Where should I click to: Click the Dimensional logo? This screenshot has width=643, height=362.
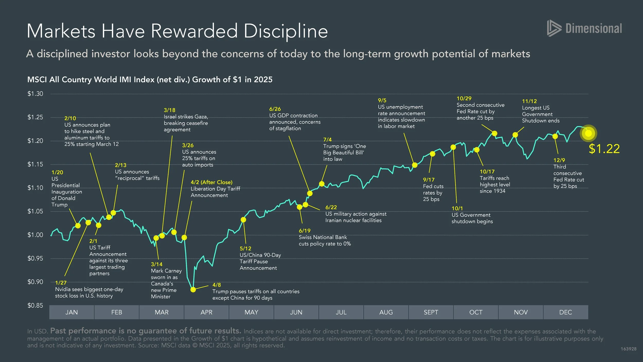(584, 28)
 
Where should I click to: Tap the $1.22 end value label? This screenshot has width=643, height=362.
(604, 149)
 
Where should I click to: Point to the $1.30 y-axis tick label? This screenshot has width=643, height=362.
(35, 94)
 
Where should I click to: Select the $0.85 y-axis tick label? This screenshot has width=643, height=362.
(35, 306)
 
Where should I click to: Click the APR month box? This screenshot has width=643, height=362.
(206, 312)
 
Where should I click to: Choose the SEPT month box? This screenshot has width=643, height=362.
(431, 312)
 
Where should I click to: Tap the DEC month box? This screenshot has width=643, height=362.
(565, 312)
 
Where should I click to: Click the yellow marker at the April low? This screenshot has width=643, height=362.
(193, 290)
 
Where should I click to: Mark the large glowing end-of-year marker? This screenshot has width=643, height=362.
(588, 133)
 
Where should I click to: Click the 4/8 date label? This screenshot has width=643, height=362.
(217, 285)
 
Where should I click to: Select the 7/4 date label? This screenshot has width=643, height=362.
(327, 140)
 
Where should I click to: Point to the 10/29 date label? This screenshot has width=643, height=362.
(464, 99)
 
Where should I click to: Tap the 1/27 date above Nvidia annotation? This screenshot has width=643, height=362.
(61, 283)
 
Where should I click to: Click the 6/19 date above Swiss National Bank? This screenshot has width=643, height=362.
(305, 231)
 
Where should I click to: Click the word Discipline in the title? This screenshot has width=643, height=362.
(285, 31)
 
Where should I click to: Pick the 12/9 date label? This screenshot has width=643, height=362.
(559, 160)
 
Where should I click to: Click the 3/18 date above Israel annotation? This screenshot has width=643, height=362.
(169, 110)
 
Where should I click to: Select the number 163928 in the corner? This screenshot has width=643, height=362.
(628, 349)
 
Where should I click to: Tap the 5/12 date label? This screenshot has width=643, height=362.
(245, 248)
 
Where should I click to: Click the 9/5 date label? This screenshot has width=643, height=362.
(382, 100)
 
